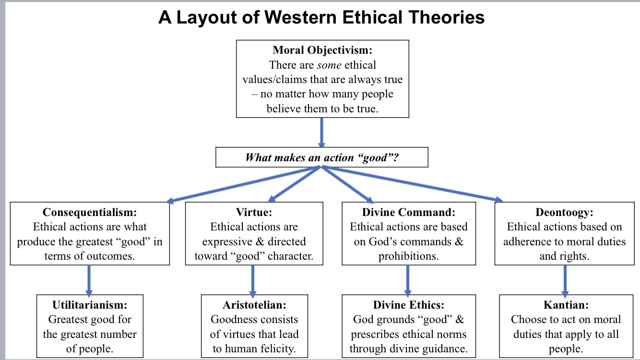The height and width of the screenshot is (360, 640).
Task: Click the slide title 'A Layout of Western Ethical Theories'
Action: click(321, 18)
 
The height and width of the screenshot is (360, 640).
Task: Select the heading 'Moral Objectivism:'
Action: click(322, 50)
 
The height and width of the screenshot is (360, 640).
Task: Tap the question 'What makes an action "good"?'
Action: click(321, 157)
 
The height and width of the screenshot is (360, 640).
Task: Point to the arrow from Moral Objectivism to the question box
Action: click(321, 132)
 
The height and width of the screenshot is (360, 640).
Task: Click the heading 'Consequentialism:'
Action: click(90, 212)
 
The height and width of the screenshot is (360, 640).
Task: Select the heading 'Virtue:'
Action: click(254, 212)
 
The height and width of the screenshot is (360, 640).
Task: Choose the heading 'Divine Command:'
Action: click(409, 212)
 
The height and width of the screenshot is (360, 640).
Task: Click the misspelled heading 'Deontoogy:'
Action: click(564, 212)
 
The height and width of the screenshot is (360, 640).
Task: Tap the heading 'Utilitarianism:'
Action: click(90, 305)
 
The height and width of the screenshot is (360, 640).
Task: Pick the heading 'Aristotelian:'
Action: click(254, 305)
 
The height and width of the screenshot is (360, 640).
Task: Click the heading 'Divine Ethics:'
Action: click(409, 305)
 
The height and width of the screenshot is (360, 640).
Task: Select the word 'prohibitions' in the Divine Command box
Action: click(408, 256)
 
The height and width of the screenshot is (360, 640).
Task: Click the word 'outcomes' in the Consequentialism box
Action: click(111, 256)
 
